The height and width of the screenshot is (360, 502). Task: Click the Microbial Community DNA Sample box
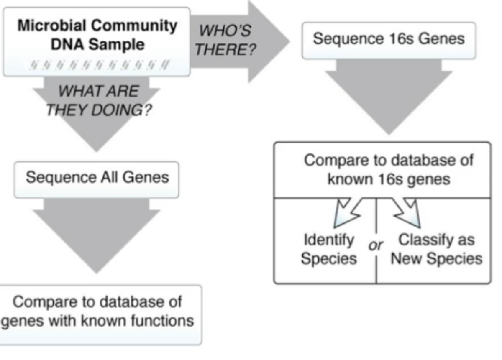(97, 41)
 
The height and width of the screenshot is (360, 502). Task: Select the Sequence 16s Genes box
(389, 39)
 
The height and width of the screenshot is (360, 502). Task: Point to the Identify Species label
(329, 249)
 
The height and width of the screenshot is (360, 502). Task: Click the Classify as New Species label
(436, 249)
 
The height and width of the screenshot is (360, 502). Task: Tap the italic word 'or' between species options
(375, 245)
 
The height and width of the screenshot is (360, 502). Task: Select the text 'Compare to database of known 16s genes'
(389, 170)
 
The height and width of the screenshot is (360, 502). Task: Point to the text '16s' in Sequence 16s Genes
(397, 39)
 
